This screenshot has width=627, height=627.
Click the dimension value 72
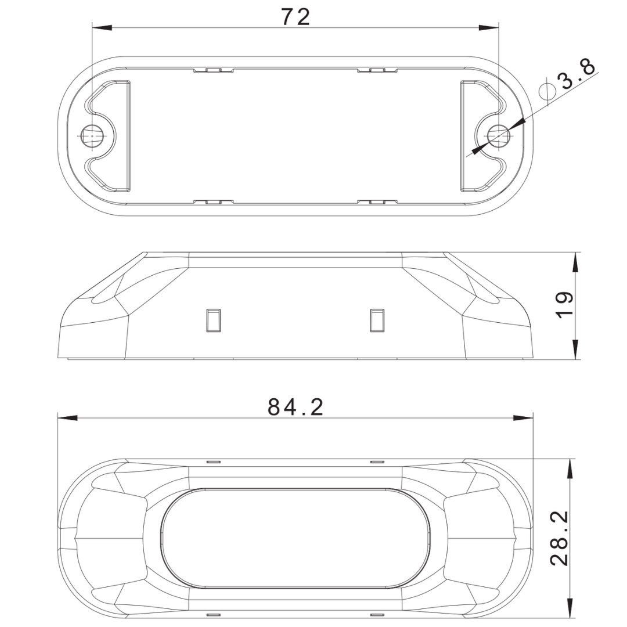pyautogui.click(x=296, y=17)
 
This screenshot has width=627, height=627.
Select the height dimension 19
pyautogui.click(x=564, y=305)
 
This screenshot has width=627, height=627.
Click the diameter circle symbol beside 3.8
pyautogui.click(x=547, y=92)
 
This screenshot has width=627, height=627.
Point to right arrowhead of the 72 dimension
pyautogui.click(x=491, y=27)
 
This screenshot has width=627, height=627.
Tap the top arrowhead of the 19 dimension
pyautogui.click(x=575, y=261)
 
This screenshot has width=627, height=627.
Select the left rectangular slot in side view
pyautogui.click(x=213, y=320)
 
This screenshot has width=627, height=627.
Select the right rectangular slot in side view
pyautogui.click(x=377, y=320)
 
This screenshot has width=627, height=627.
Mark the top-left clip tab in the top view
pyautogui.click(x=213, y=70)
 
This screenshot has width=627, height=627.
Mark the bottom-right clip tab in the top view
pyautogui.click(x=377, y=201)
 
